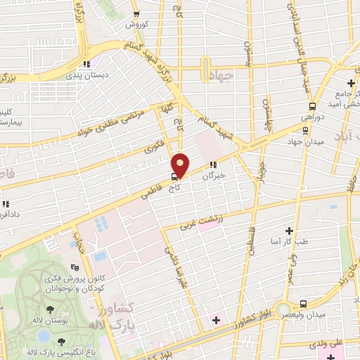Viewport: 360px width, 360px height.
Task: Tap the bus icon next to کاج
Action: point(174,176)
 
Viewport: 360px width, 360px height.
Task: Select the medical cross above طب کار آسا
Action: point(289,231)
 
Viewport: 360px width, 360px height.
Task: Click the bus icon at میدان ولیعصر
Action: point(302,304)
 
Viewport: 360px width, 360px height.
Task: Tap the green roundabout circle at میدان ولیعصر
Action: point(283,309)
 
